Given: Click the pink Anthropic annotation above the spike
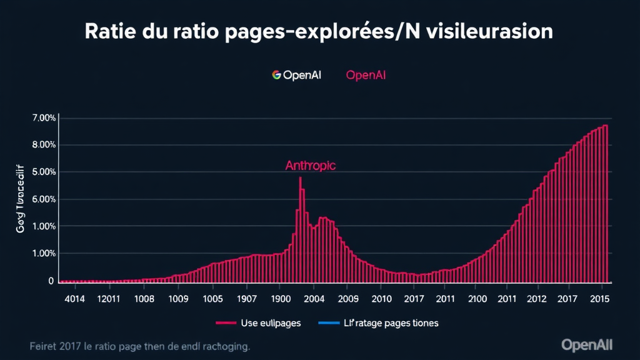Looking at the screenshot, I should click(310, 166).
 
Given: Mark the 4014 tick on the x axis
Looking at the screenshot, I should click(74, 299).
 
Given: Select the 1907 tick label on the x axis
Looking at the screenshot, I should click(246, 299).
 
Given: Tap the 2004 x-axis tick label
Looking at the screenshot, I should click(314, 299).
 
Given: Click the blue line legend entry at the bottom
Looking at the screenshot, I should click(378, 323).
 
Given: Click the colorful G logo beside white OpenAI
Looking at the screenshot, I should click(277, 75).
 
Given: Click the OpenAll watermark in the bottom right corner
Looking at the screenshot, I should click(587, 344).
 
